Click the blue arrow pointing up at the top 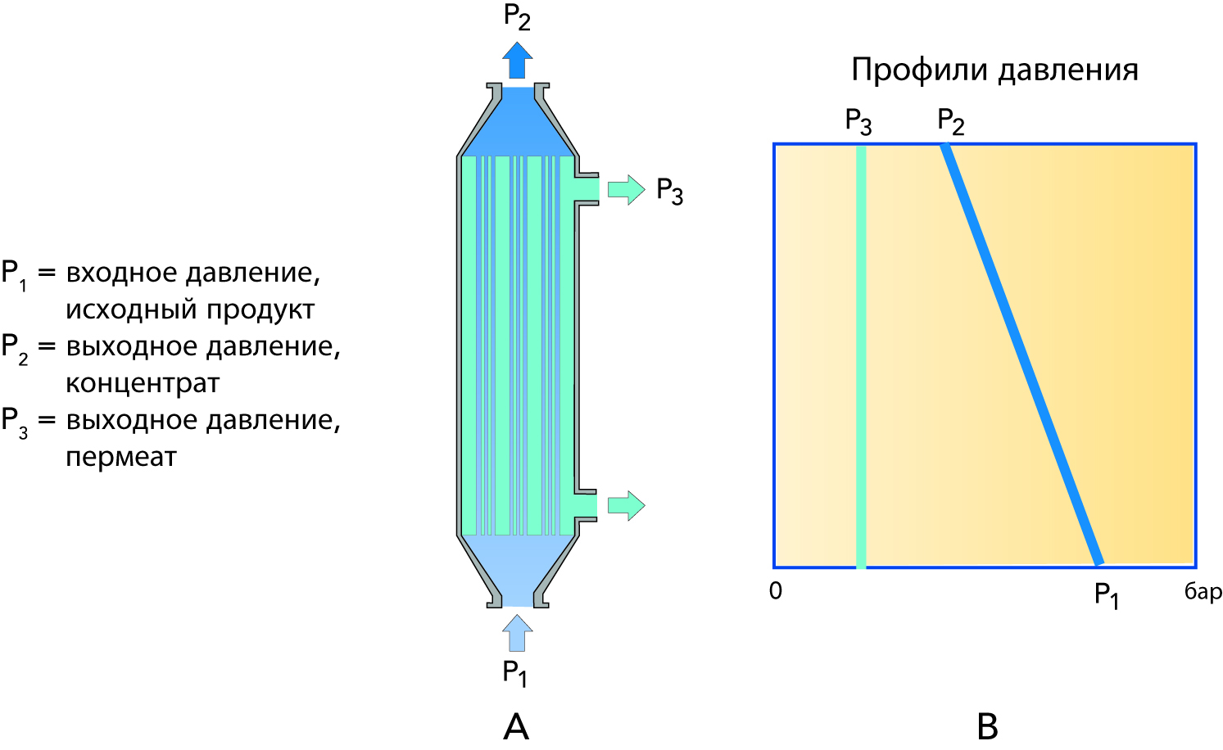517,61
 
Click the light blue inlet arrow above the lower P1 517,632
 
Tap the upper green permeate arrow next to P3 626,190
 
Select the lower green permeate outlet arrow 626,506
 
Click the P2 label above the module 517,18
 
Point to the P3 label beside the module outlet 669,192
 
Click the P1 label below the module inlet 514,674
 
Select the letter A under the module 516,726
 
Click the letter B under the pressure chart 987,726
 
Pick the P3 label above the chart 858,122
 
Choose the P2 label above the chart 950,122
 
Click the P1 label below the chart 1106,595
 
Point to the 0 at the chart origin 776,591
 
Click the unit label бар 1203,592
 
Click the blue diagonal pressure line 1021,355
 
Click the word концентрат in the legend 143,383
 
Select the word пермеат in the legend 121,457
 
